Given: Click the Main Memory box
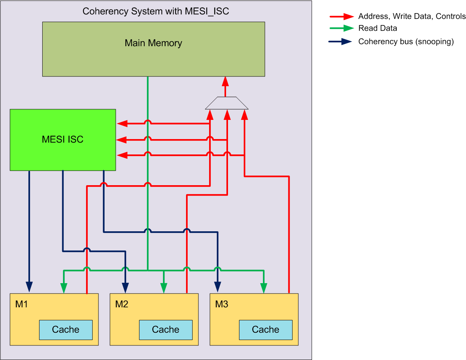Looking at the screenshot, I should pos(153,49).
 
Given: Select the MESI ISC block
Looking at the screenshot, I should pos(63,139).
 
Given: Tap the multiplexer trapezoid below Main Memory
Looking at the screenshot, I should pos(226,103).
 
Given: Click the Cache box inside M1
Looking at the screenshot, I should pos(66,330).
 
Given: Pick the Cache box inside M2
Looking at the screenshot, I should pos(166,330).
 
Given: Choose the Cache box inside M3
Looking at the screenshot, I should pos(266,330).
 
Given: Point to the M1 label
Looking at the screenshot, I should pos(22,304).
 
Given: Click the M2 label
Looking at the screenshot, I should pos(121,304).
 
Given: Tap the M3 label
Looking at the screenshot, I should pos(221,304).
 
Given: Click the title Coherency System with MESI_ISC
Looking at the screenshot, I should pos(156,11).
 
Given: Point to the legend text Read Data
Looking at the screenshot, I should pos(378,28).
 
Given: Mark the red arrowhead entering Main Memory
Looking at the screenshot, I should pos(225,81).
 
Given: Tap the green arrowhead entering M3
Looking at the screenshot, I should pos(264,288).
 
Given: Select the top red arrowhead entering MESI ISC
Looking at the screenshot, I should pos(122,124).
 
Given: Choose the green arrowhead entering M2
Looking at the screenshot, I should pos(164,288).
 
